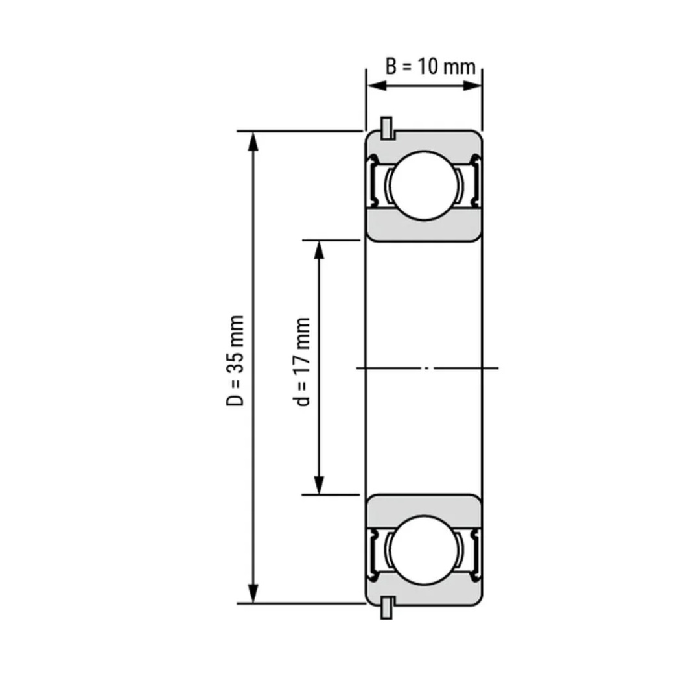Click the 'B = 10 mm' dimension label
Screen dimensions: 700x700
pos(430,67)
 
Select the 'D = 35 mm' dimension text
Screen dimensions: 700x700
pos(235,360)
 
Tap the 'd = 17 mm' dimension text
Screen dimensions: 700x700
pos(302,361)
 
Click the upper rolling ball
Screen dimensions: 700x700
pos(424,186)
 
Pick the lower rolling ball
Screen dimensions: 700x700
pos(424,550)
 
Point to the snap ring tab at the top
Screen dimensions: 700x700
pos(386,128)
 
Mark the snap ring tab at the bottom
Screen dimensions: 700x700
pos(386,607)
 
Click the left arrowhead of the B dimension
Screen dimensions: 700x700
pos(377,86)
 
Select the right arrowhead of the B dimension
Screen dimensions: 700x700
pos(472,86)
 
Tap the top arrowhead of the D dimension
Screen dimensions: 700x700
pos(253,143)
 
